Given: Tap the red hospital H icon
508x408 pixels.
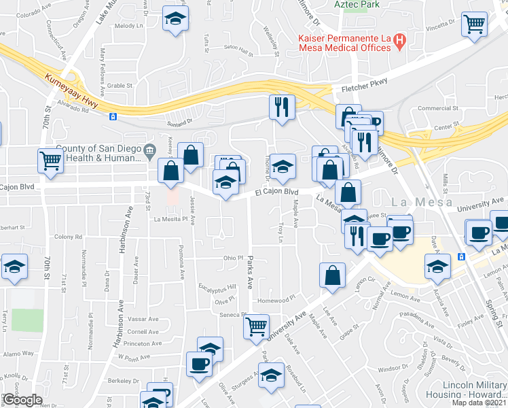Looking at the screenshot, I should click(x=400, y=42).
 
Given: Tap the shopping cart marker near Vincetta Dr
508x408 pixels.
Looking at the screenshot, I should click(x=474, y=24).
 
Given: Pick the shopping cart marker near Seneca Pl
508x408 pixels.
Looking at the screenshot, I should click(x=256, y=326).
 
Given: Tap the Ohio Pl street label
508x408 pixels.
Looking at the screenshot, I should click(x=234, y=258).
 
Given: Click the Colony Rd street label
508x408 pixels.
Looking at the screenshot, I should click(x=68, y=237).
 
